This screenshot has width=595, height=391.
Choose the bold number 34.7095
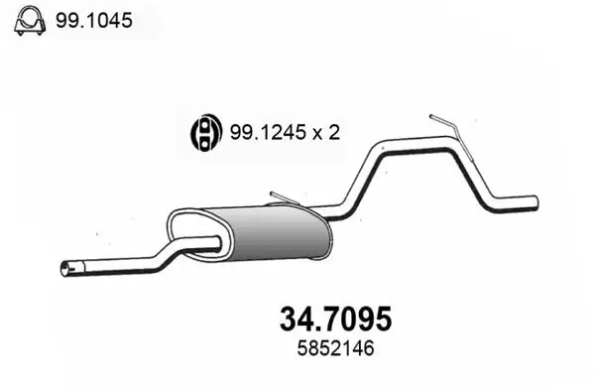(x=332, y=320)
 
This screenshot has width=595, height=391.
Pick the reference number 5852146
(x=331, y=349)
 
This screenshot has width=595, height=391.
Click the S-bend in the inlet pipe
(x=169, y=256)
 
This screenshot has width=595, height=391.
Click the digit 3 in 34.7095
(x=280, y=320)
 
